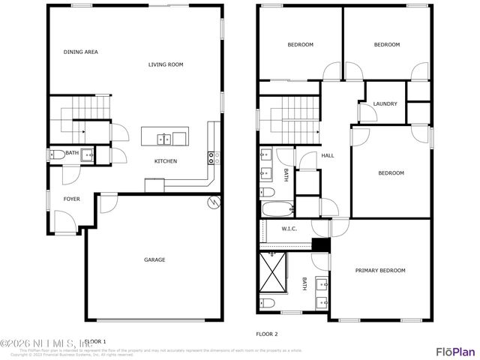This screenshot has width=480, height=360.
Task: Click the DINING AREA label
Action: coord(80,52)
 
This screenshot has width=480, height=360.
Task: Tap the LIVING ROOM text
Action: coord(165,64)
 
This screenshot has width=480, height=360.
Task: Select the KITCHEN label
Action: coord(165,161)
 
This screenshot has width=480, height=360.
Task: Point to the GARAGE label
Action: coord(154,259)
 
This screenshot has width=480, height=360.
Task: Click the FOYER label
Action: coord(71,199)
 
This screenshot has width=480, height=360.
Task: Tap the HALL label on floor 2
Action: coord(328,156)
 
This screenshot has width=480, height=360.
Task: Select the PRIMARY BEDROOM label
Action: coord(379,270)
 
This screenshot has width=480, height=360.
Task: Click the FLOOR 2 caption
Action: coord(266,334)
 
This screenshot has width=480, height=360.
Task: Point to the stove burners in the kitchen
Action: coord(212,157)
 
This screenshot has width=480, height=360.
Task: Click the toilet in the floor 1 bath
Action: coord(58,155)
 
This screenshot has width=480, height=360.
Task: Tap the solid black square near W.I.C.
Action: coord(321,243)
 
